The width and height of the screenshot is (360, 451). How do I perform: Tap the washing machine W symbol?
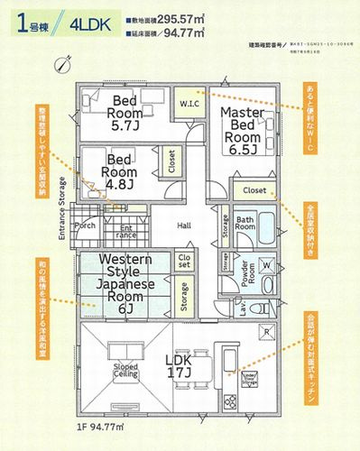click(267, 265)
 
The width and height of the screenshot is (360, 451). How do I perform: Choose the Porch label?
click(87, 225)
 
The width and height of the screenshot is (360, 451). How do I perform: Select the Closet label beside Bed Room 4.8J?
click(171, 162)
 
